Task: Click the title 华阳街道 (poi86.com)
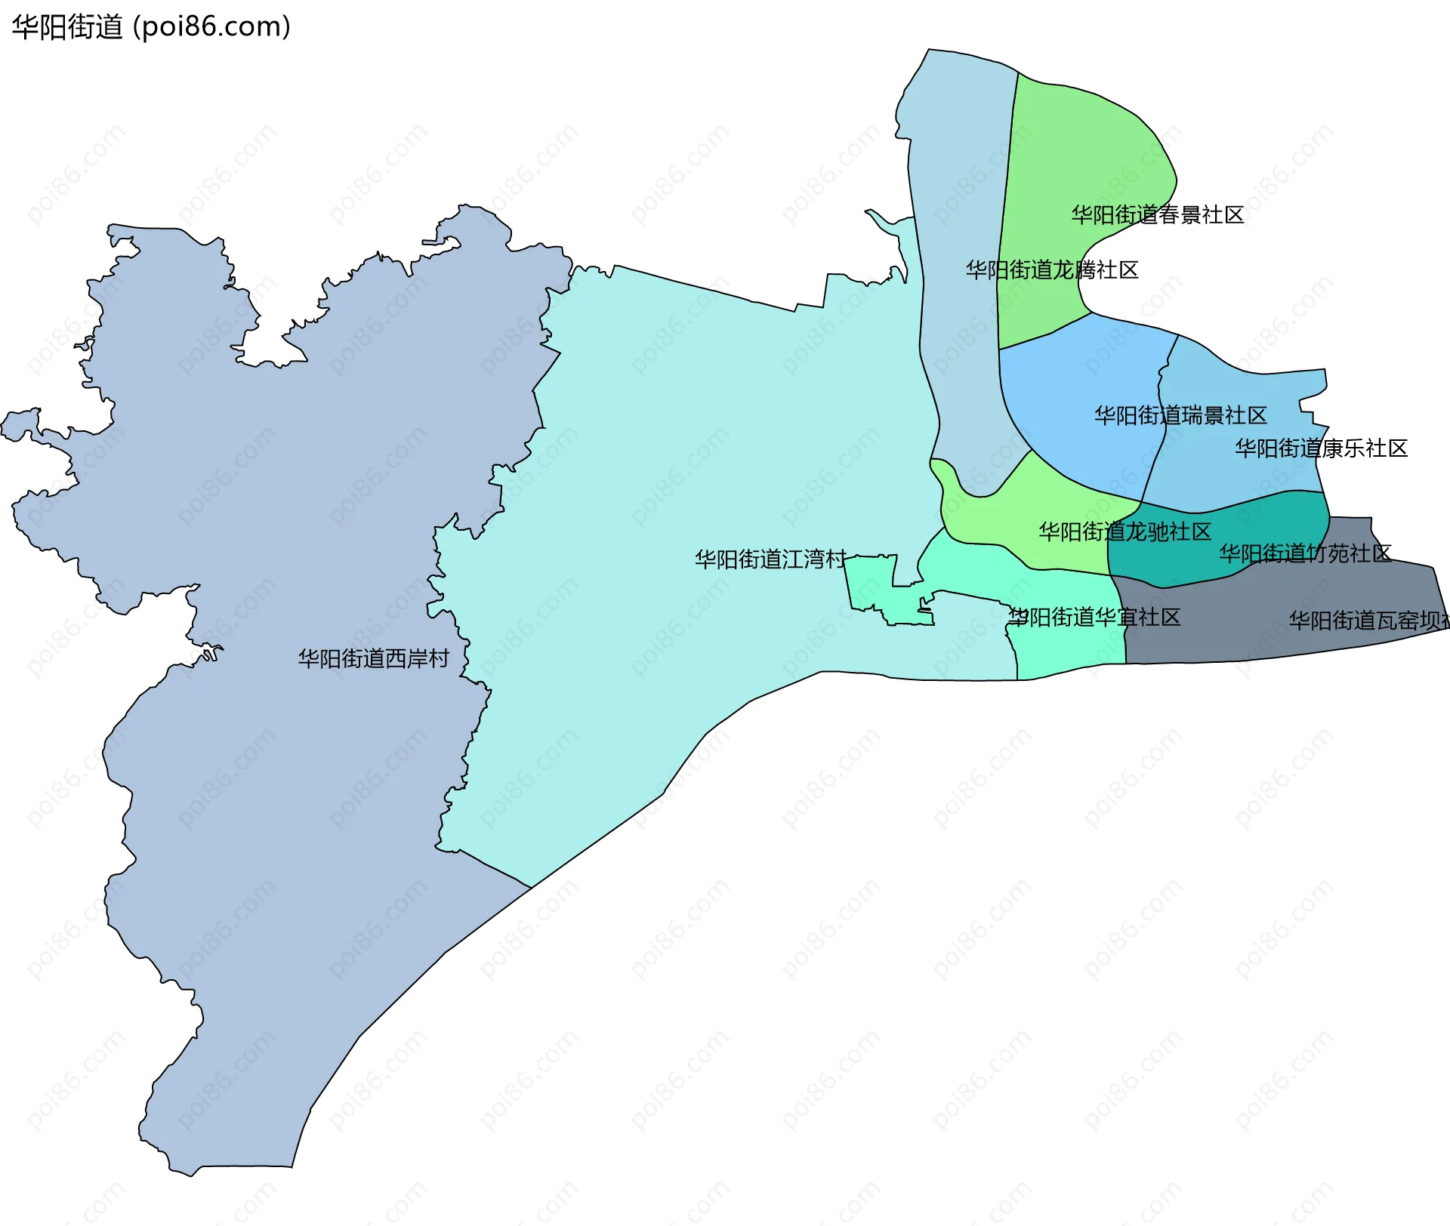(151, 27)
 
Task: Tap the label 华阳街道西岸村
(373, 659)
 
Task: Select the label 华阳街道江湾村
(770, 559)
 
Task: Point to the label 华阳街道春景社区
(1157, 215)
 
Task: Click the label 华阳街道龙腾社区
(1051, 270)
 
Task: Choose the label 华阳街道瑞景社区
(1180, 416)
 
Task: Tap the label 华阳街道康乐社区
(1321, 449)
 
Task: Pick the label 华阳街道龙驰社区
(1125, 532)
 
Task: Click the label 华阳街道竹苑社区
(1305, 554)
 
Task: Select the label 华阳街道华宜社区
(1094, 618)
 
